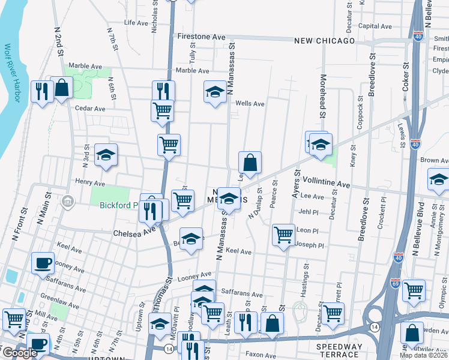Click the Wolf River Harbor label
(13, 73)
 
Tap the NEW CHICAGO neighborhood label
(325, 41)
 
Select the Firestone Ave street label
(202, 37)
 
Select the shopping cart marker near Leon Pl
(283, 234)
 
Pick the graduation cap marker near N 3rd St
(106, 155)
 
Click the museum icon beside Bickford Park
(68, 200)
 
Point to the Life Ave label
(136, 23)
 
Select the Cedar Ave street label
(90, 109)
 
